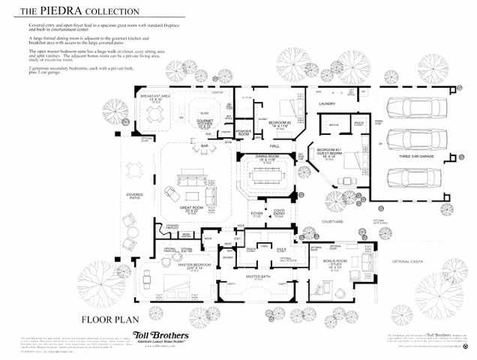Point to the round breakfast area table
(x=155, y=114)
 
